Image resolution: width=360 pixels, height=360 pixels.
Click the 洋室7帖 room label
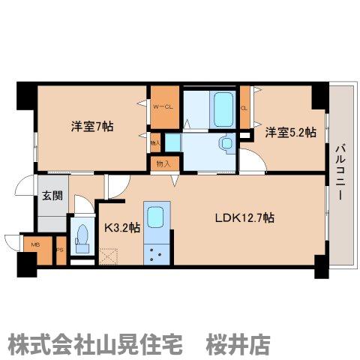pyautogui.click(x=93, y=125)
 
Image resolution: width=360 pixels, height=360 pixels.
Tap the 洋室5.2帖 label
pyautogui.click(x=289, y=132)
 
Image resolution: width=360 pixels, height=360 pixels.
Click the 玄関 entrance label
pyautogui.click(x=52, y=195)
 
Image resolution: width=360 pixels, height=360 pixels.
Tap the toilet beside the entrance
pyautogui.click(x=82, y=238)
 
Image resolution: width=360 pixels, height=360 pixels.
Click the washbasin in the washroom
pyautogui.click(x=225, y=143)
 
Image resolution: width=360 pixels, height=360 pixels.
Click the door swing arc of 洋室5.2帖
pyautogui.click(x=256, y=159)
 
